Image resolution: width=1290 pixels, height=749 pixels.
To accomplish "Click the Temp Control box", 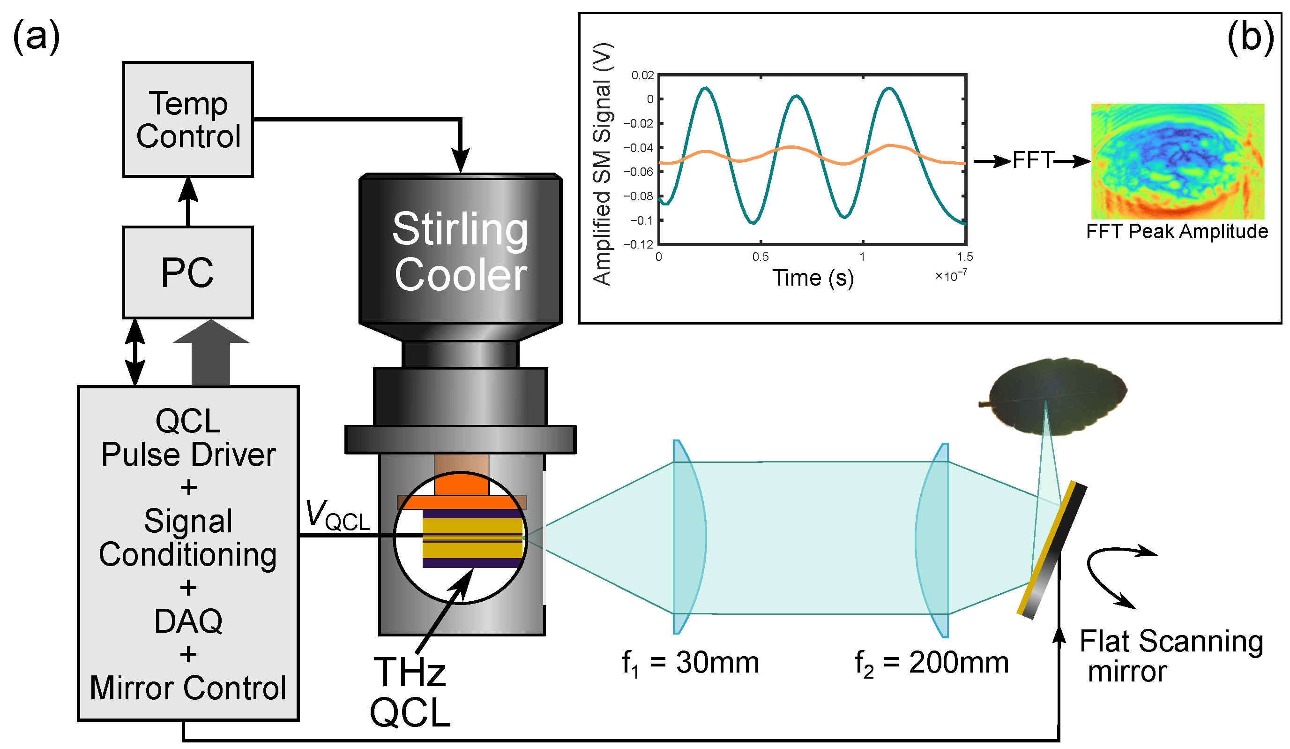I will coord(188,120).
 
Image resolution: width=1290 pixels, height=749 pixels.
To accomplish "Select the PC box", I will coord(188,272).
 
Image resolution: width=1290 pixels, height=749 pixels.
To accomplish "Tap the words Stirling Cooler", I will coord(460,251).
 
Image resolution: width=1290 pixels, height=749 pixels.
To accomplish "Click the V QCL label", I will coord(337,515).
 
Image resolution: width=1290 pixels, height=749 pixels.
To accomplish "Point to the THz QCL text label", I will coord(410,692).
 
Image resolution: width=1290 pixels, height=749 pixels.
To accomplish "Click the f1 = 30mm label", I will coord(690,664).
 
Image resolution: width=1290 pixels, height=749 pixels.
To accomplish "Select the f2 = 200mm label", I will coord(932,664).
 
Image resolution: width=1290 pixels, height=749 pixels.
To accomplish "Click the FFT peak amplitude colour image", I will coord(1177,161).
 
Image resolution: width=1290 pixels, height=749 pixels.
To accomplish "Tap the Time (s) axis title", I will coord(813,278).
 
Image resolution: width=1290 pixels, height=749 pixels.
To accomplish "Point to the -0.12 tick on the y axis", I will coord(638,244).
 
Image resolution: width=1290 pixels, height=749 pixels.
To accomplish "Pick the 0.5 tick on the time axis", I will coord(760,257).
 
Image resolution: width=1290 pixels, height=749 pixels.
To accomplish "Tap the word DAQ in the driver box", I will coord(188,621).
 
